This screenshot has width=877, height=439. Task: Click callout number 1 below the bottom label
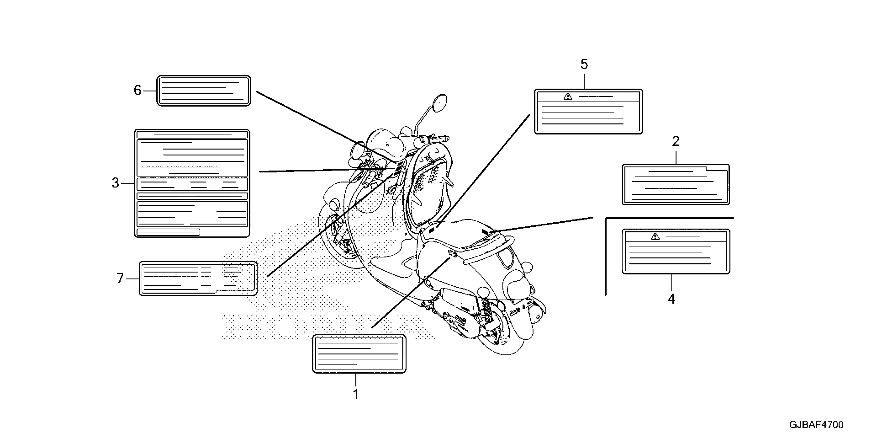coord(356,395)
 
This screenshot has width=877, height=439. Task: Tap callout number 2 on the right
coord(676,141)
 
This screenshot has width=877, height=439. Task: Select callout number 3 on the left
coord(115,183)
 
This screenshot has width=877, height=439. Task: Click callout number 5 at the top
coord(584,64)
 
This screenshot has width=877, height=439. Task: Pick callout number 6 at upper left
coord(137,90)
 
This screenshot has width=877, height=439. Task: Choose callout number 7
coord(120,278)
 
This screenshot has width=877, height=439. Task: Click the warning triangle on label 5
coord(567,97)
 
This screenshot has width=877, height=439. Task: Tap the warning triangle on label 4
coord(655,237)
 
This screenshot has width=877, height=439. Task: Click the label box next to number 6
coord(204,91)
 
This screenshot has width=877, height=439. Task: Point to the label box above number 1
coord(359,354)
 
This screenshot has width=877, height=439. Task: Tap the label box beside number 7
coord(198,278)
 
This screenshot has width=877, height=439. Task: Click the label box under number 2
coord(676,184)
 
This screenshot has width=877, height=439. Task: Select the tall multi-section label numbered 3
coord(192,183)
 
